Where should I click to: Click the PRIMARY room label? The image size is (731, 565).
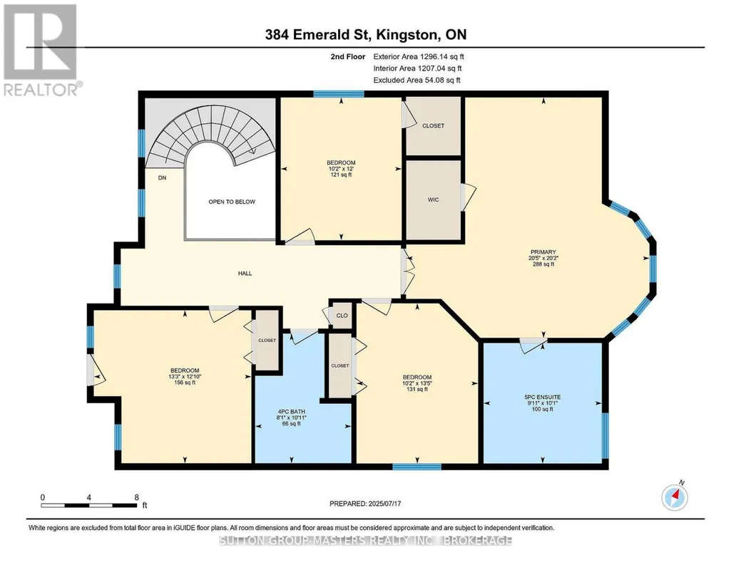[x=543, y=252]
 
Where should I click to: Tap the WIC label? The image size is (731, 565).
[x=433, y=199]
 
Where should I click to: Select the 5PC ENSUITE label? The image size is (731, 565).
[x=542, y=398]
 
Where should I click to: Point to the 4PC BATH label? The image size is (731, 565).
[x=292, y=412]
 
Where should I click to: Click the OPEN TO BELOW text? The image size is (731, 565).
[x=232, y=202]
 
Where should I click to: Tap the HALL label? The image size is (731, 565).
[x=245, y=274]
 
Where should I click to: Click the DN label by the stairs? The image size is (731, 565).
[x=162, y=178]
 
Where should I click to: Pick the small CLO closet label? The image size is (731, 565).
[x=342, y=316]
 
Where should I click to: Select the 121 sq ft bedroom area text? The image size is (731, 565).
[x=341, y=175]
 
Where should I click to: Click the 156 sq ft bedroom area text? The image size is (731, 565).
[x=185, y=383]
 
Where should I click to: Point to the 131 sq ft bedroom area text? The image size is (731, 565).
[x=416, y=390]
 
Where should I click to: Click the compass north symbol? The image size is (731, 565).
[x=675, y=497]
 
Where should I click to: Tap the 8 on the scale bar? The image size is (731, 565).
[x=137, y=497]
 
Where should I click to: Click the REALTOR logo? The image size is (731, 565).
[x=41, y=50]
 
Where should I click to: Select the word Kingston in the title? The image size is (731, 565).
[x=407, y=35]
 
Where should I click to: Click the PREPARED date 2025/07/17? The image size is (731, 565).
[x=384, y=504]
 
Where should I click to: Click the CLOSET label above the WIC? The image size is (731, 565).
[x=433, y=126]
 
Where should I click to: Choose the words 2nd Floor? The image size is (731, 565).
[x=348, y=57]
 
